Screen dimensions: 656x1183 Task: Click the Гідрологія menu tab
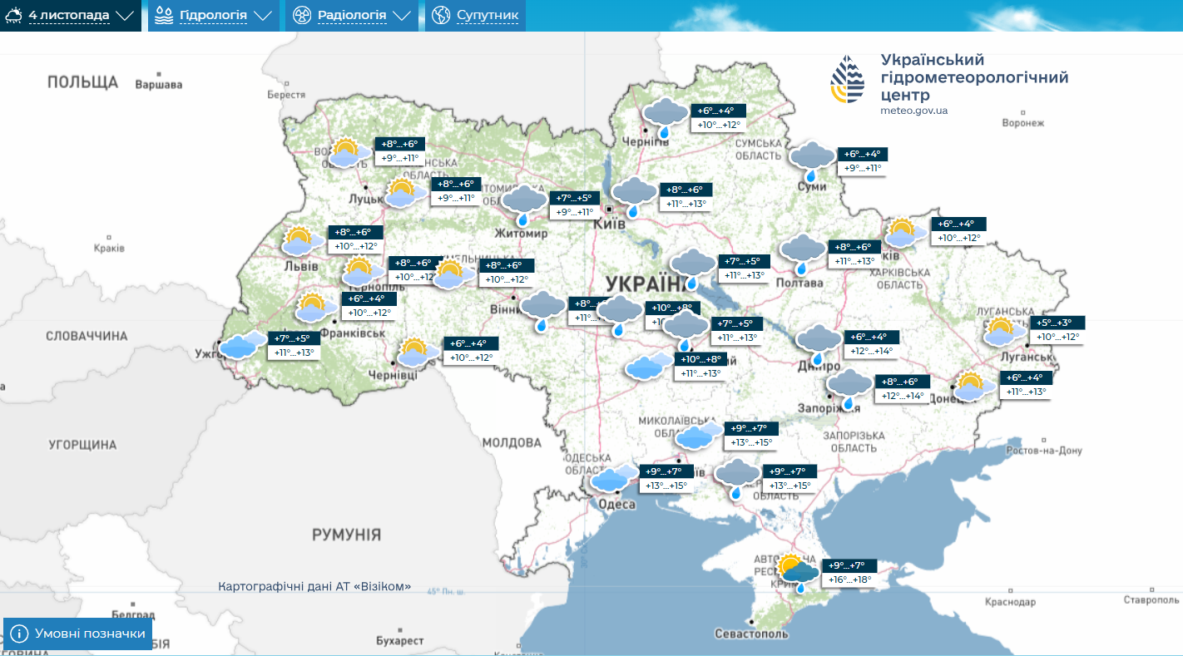click(213, 16)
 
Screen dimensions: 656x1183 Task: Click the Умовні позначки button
click(78, 634)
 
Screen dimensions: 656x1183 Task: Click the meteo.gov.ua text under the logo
click(913, 111)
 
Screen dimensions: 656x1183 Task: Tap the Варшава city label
click(158, 85)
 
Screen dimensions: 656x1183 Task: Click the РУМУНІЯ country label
click(346, 535)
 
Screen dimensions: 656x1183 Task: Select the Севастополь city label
click(751, 634)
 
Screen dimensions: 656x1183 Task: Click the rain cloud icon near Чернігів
click(666, 116)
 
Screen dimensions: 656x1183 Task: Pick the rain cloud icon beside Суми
click(811, 160)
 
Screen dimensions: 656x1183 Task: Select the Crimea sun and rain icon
click(797, 572)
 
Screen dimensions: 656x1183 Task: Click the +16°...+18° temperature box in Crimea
click(848, 580)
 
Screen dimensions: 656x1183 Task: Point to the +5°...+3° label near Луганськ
click(1057, 323)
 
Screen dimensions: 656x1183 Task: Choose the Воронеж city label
click(1022, 123)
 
